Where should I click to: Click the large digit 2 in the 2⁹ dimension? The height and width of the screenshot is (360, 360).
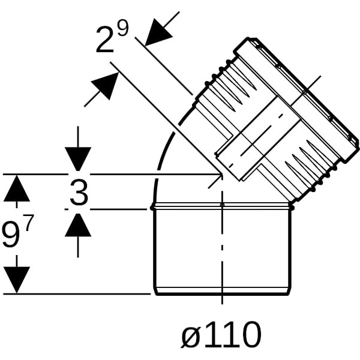coord(104,40)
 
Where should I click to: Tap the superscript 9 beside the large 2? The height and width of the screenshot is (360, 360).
coord(122,28)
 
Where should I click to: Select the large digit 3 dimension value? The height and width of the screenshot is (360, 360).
coord(79,193)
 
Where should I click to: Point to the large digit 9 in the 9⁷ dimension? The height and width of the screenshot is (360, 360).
coord(11,234)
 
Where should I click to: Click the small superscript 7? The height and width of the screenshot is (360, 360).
coord(29,223)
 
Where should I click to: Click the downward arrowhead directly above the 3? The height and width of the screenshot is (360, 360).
coord(78,159)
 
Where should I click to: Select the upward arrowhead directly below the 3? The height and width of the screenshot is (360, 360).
coord(78,225)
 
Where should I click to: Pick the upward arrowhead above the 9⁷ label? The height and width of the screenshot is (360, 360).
coord(17,188)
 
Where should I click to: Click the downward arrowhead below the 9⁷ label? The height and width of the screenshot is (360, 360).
coord(17,280)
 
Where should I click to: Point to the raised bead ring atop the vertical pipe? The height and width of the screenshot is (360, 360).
coord(222,206)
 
